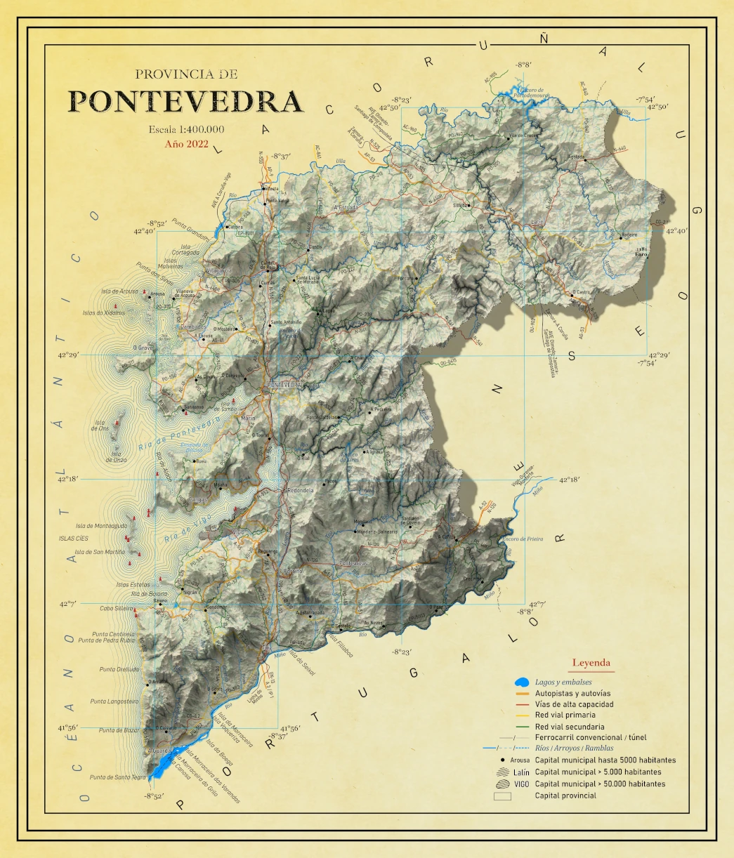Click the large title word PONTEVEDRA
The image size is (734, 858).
[x=187, y=101]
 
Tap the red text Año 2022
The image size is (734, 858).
[x=187, y=143]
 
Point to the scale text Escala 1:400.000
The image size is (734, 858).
[x=187, y=129]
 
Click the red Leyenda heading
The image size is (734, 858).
[x=591, y=662]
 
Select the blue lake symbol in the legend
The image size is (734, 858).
[x=522, y=682]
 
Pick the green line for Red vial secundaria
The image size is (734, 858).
[x=522, y=727]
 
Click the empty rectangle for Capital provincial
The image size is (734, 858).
[x=502, y=796]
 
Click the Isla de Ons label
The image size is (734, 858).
[x=100, y=425]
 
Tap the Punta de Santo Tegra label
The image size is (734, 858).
[x=118, y=777]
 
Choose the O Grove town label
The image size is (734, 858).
[x=143, y=348]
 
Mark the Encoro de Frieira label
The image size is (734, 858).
[x=523, y=539]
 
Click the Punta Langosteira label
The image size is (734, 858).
[x=114, y=701]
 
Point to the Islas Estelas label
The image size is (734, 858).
[x=133, y=584]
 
